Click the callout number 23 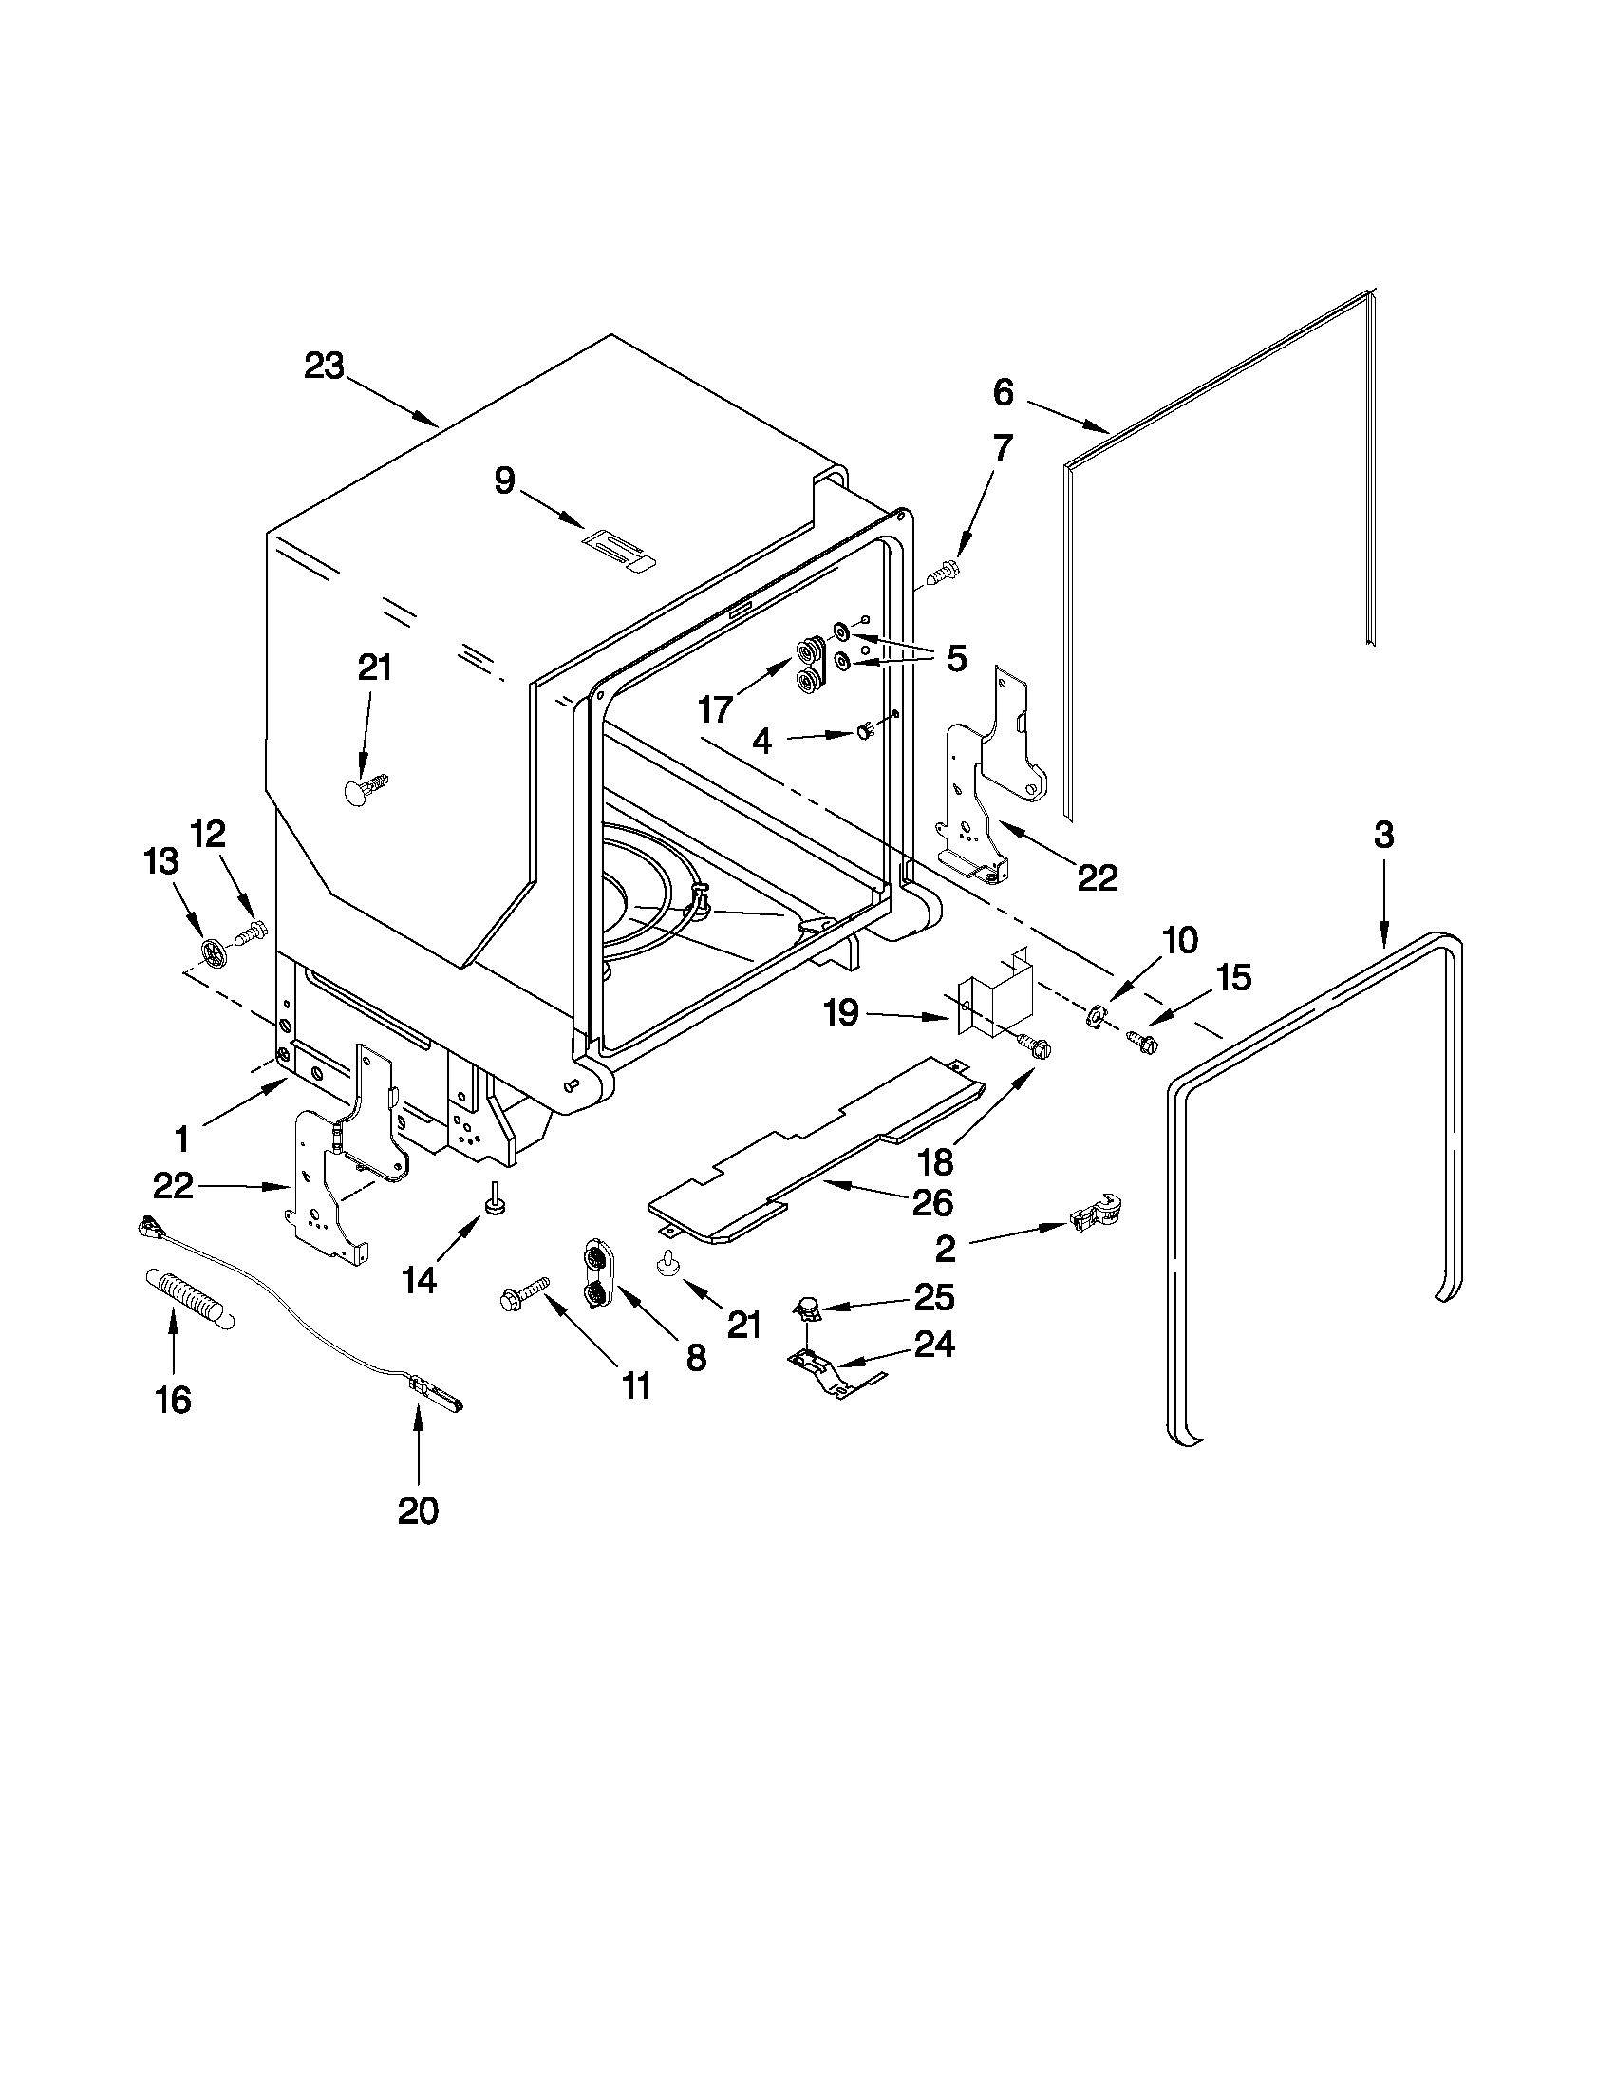coord(324,367)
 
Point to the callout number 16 coord(173,1400)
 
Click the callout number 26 coord(933,1203)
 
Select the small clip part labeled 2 coord(1097,1215)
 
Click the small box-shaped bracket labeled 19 coord(997,999)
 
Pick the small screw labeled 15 coord(1140,1038)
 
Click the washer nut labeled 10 coord(1094,1016)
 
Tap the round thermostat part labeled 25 coord(811,1306)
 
